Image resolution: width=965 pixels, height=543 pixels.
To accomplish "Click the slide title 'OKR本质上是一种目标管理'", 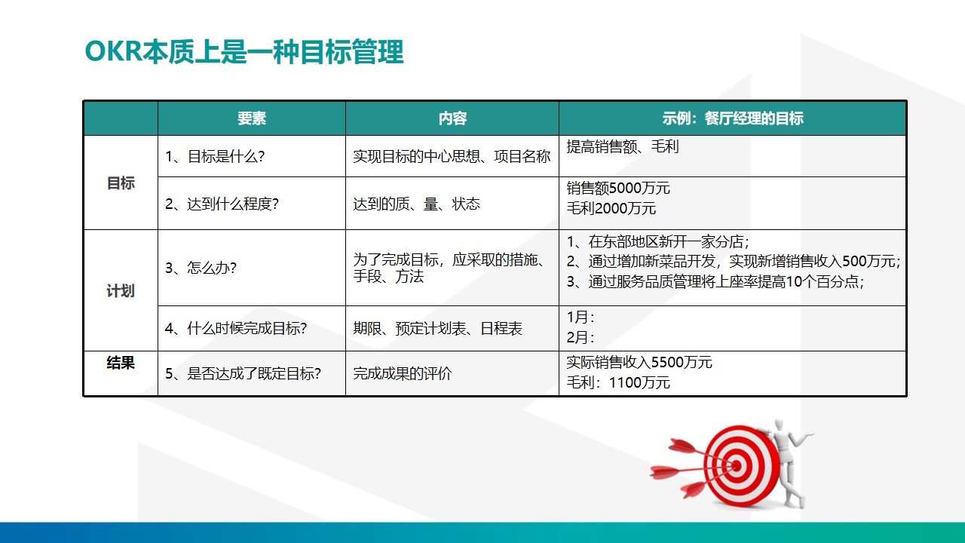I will (x=244, y=53).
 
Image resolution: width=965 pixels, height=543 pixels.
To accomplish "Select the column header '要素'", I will (x=252, y=118).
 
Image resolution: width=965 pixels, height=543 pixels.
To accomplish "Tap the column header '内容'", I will (x=452, y=118).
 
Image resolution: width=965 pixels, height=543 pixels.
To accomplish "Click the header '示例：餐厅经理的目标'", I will (x=732, y=118).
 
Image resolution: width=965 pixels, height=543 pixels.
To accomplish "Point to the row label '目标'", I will (x=121, y=183).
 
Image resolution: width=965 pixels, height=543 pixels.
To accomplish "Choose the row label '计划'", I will (x=121, y=291).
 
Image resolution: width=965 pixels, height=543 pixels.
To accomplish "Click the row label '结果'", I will (x=121, y=363).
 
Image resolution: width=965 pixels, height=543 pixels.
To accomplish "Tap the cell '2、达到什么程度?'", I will (x=222, y=204).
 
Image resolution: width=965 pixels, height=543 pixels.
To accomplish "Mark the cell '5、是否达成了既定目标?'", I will (x=243, y=373).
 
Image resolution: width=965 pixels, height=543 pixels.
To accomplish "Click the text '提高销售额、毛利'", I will (x=623, y=147).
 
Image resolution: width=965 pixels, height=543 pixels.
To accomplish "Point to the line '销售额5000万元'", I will (x=618, y=189).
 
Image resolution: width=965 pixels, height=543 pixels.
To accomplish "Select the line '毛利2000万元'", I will (x=611, y=209).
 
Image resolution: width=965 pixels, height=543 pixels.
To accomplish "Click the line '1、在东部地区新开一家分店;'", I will (x=657, y=242).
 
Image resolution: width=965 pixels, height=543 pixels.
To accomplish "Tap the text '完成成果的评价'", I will (x=403, y=373).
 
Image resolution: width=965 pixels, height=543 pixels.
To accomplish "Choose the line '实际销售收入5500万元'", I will (x=639, y=363).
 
